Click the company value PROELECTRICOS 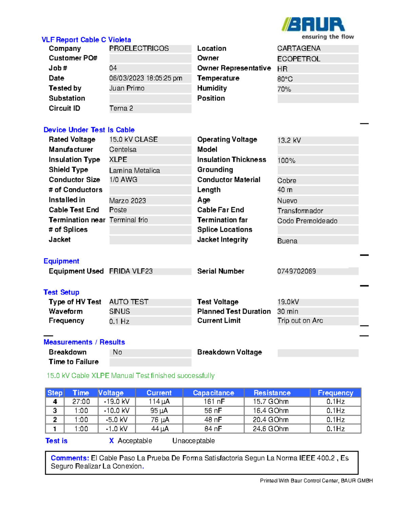139,49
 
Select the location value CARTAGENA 299,49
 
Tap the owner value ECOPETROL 298,59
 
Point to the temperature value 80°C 285,79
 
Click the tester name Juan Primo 127,88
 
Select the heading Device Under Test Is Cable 89,130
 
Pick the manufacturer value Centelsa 123,150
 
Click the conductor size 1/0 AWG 123,180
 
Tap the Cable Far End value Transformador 300,211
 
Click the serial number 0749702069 296,271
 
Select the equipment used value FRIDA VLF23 131,271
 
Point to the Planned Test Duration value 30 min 288,312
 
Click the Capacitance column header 213,393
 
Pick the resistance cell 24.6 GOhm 271,429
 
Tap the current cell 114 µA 159,402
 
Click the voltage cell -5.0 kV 117,420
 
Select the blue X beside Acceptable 111,441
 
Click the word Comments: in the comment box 70,458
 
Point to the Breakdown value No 117,352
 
